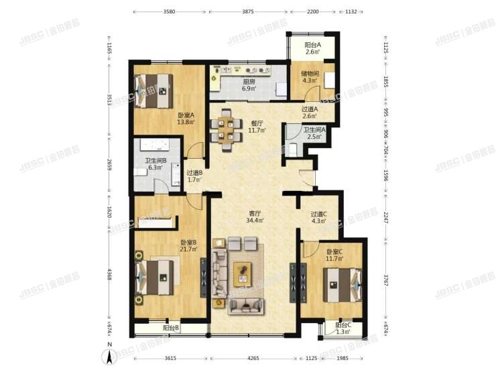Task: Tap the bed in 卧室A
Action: pyautogui.click(x=153, y=91)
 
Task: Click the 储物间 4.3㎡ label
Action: pyautogui.click(x=309, y=78)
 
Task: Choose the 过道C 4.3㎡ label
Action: pyautogui.click(x=318, y=218)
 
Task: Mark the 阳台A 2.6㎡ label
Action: pyautogui.click(x=313, y=48)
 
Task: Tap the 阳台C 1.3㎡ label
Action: pyautogui.click(x=343, y=328)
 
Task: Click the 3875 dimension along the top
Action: pyautogui.click(x=248, y=11)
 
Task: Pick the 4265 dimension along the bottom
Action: pyautogui.click(x=253, y=359)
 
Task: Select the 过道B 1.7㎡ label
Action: pyautogui.click(x=194, y=176)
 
